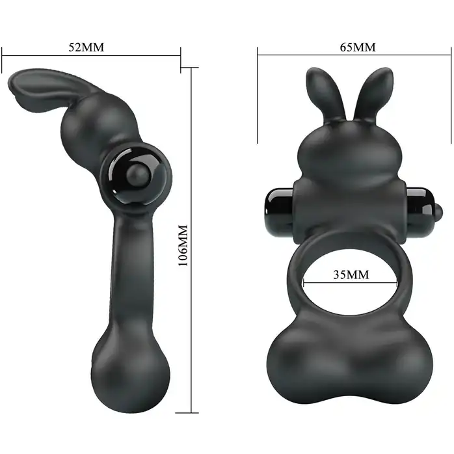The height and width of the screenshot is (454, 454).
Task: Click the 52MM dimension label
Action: (x=86, y=47)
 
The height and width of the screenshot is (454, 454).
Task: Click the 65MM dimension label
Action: (x=358, y=47)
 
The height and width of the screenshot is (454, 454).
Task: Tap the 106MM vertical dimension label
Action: (x=183, y=245)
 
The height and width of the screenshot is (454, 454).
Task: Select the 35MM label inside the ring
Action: (x=351, y=274)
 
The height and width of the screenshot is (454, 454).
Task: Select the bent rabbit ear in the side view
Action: (x=44, y=87)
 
